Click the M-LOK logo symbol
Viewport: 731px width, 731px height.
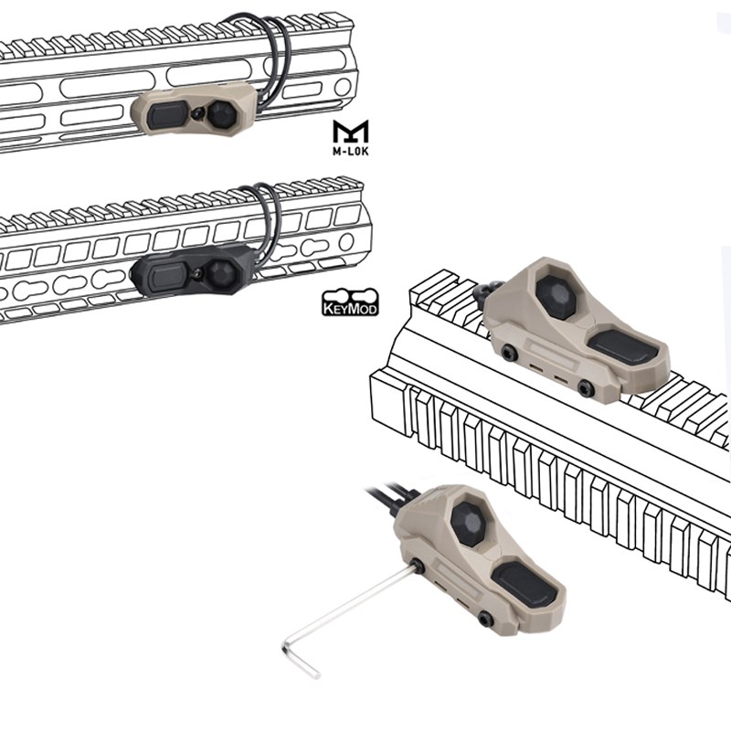point(351,132)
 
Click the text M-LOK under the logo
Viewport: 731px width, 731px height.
point(351,151)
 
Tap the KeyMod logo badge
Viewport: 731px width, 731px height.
point(350,302)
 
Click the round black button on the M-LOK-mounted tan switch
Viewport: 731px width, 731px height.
point(222,115)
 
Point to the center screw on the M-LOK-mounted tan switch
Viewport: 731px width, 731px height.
point(199,112)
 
